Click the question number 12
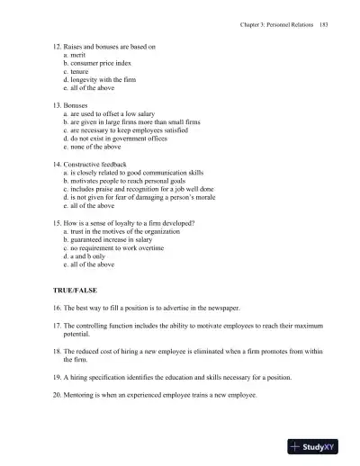[57, 44]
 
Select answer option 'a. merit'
[78, 55]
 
